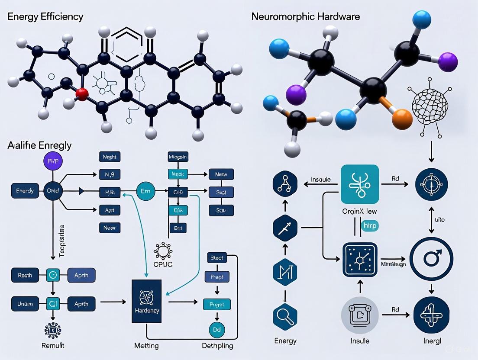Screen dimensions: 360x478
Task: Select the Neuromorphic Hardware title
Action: [x=305, y=17]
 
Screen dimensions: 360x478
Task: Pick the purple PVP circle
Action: [x=54, y=161]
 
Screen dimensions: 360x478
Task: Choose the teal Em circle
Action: [x=145, y=191]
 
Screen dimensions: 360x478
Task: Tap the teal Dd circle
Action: [x=217, y=330]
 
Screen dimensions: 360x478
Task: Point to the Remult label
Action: [x=53, y=345]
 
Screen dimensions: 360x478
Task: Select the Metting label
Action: [x=146, y=346]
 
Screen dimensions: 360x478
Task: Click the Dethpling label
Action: [x=217, y=346]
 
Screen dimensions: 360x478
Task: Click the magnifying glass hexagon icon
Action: [x=285, y=317]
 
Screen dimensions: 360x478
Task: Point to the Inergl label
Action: [x=431, y=341]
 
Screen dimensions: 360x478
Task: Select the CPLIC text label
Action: [x=163, y=264]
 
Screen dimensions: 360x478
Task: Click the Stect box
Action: [x=217, y=258]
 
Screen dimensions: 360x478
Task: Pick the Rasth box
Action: [x=25, y=275]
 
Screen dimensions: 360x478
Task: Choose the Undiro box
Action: [x=25, y=304]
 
